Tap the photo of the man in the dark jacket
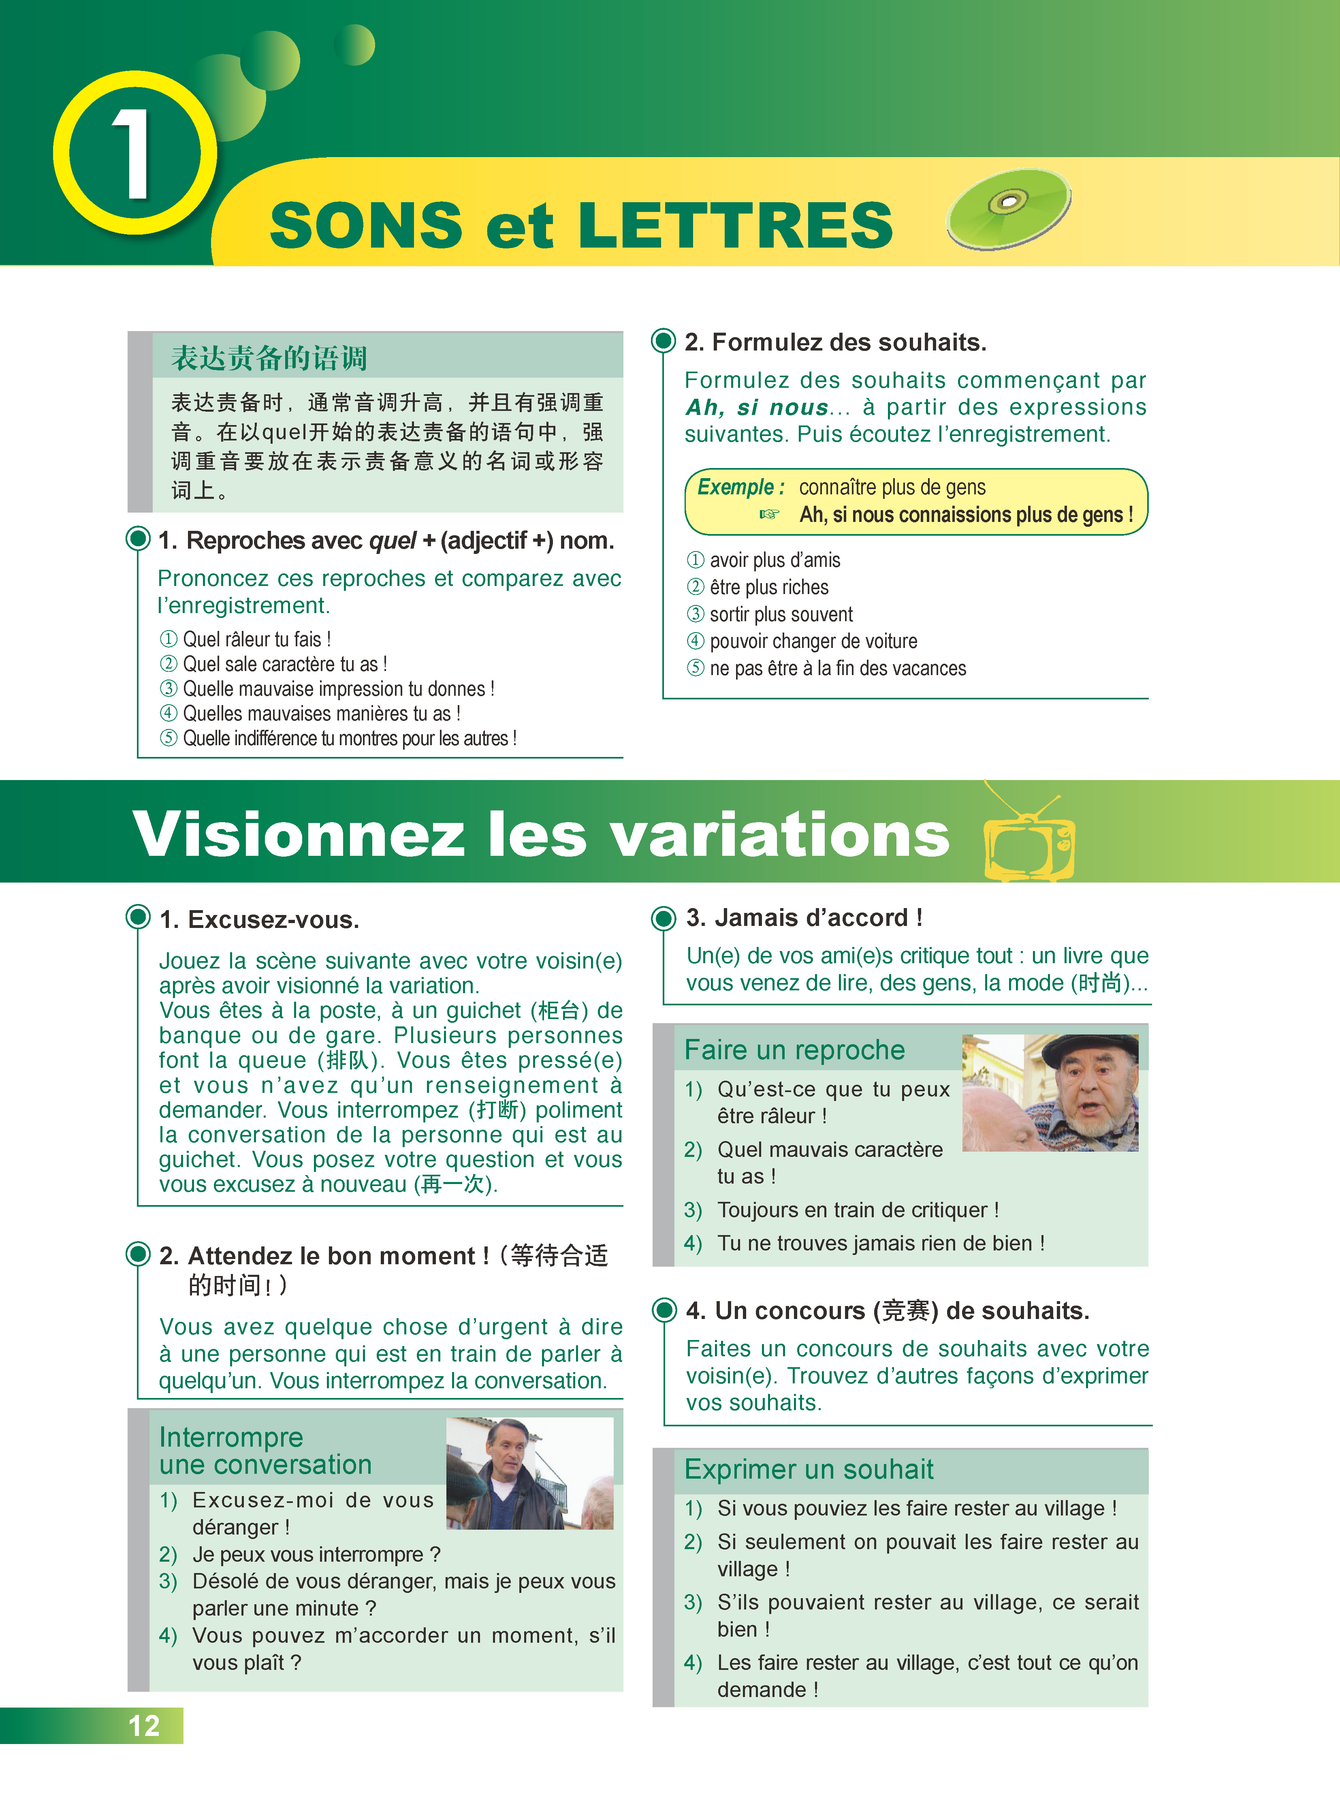pos(530,1473)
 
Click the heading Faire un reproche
pos(794,1050)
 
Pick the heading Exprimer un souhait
pos(809,1469)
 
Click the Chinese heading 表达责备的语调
pos(269,358)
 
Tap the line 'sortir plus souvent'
pos(780,614)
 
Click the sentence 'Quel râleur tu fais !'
pos(256,639)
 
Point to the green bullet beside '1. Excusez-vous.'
pos(138,918)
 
